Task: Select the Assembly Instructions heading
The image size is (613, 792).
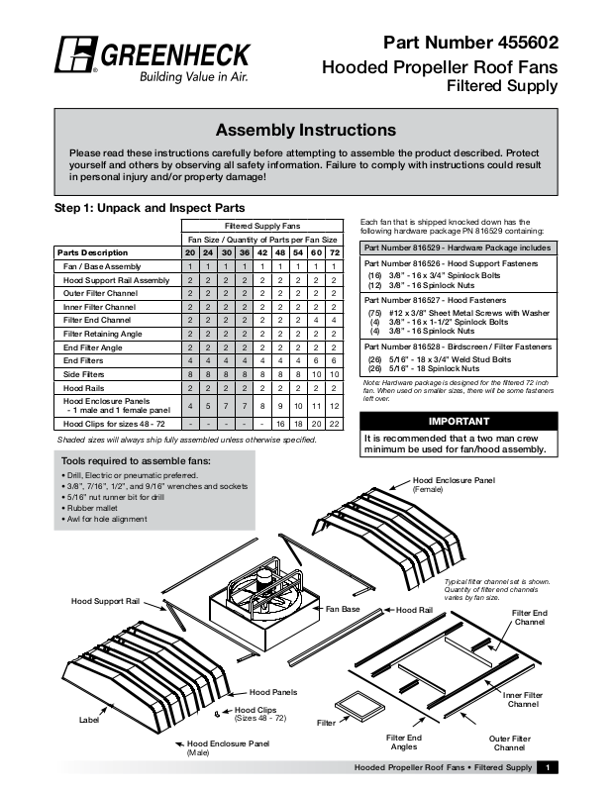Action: tap(306, 131)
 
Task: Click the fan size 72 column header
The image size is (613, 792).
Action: tap(336, 252)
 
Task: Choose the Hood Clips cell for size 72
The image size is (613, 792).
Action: tap(336, 423)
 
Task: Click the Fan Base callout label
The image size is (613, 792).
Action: tap(343, 608)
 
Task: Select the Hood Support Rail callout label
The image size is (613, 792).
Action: tap(104, 601)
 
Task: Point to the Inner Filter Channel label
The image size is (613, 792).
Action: tap(523, 699)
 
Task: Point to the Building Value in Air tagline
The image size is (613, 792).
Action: tap(191, 76)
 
